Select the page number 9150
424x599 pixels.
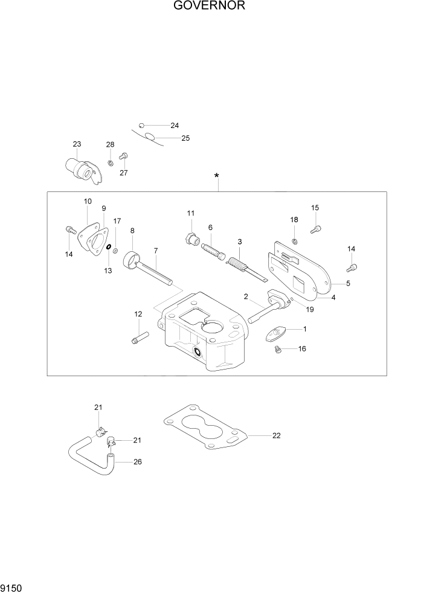(13, 587)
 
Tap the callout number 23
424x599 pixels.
(77, 144)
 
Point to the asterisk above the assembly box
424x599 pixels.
(217, 176)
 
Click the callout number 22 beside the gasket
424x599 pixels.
(277, 435)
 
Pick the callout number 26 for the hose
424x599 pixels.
(138, 463)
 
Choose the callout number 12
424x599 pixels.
(138, 314)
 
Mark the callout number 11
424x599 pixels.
(190, 213)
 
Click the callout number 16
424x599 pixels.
(302, 349)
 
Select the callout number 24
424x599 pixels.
(175, 126)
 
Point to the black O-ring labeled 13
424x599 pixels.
(108, 247)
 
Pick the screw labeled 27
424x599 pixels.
(123, 156)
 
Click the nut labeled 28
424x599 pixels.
(110, 163)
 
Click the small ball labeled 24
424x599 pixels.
(141, 125)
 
